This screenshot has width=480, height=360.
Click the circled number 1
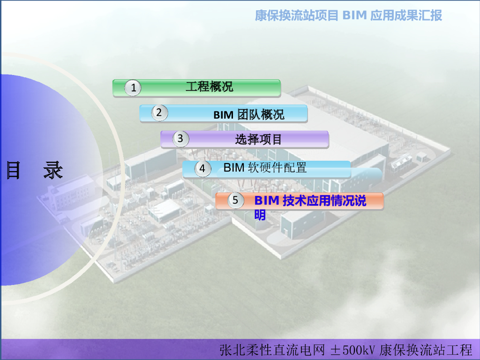134,88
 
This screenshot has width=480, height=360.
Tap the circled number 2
159,112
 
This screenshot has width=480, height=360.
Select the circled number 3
180,139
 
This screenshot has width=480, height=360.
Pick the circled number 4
202,169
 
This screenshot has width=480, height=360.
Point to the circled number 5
235,200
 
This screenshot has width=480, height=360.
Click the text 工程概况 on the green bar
209,87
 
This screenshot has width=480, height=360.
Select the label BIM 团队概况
249,114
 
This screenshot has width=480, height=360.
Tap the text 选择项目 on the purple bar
258,139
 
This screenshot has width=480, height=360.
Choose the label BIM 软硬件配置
265,167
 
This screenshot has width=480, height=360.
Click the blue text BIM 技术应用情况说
310,201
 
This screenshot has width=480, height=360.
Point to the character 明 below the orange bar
260,215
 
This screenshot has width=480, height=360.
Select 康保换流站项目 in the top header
296,15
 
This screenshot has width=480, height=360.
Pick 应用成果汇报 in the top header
406,15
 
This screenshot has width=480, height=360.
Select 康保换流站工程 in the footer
426,350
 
